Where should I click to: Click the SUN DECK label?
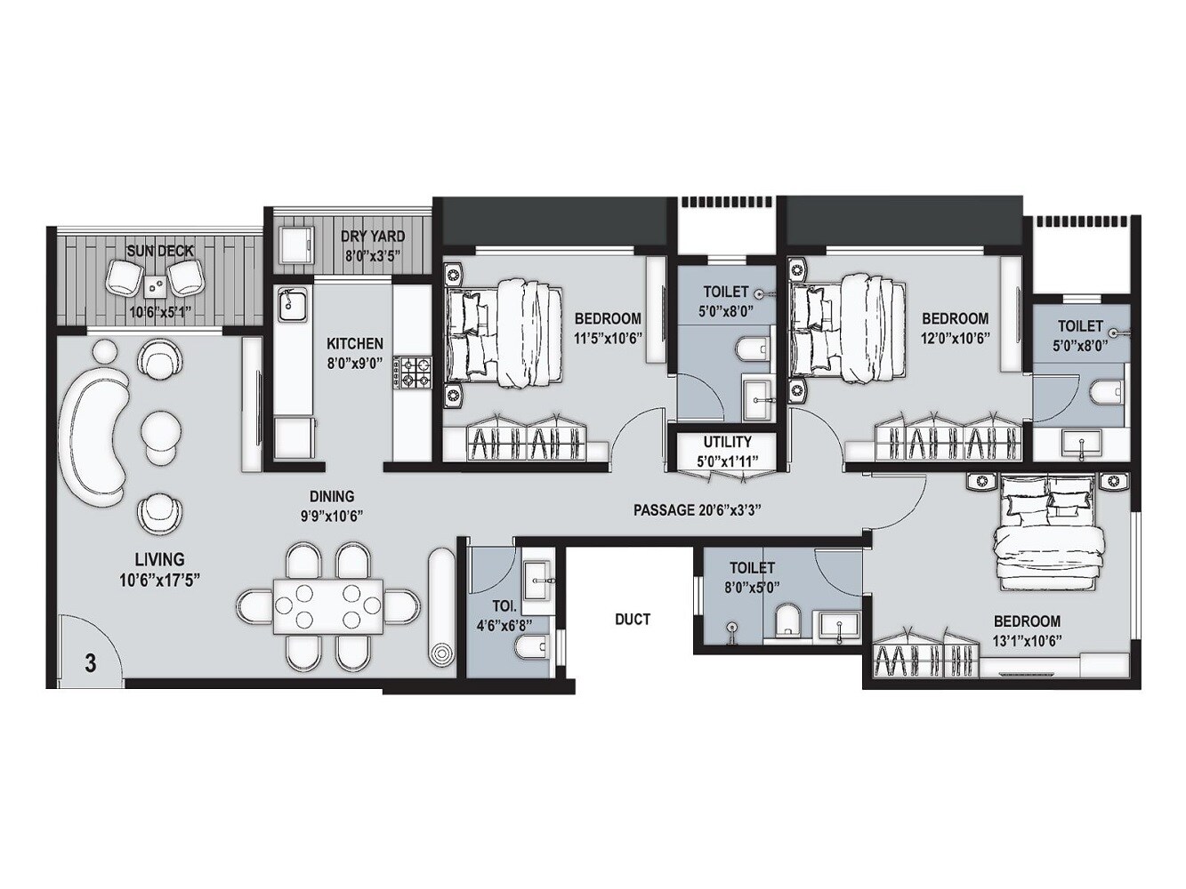click(160, 251)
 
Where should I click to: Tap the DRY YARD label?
click(374, 236)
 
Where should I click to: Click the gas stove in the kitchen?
click(413, 372)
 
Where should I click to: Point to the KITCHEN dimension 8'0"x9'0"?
click(355, 363)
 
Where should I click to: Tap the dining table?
click(327, 606)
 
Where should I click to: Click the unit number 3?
click(91, 662)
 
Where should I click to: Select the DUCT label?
click(633, 619)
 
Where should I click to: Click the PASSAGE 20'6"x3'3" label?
click(697, 510)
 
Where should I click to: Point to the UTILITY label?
click(727, 442)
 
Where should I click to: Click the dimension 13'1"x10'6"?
click(1027, 640)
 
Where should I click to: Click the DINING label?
click(332, 497)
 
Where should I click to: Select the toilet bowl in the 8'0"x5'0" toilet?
click(787, 621)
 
